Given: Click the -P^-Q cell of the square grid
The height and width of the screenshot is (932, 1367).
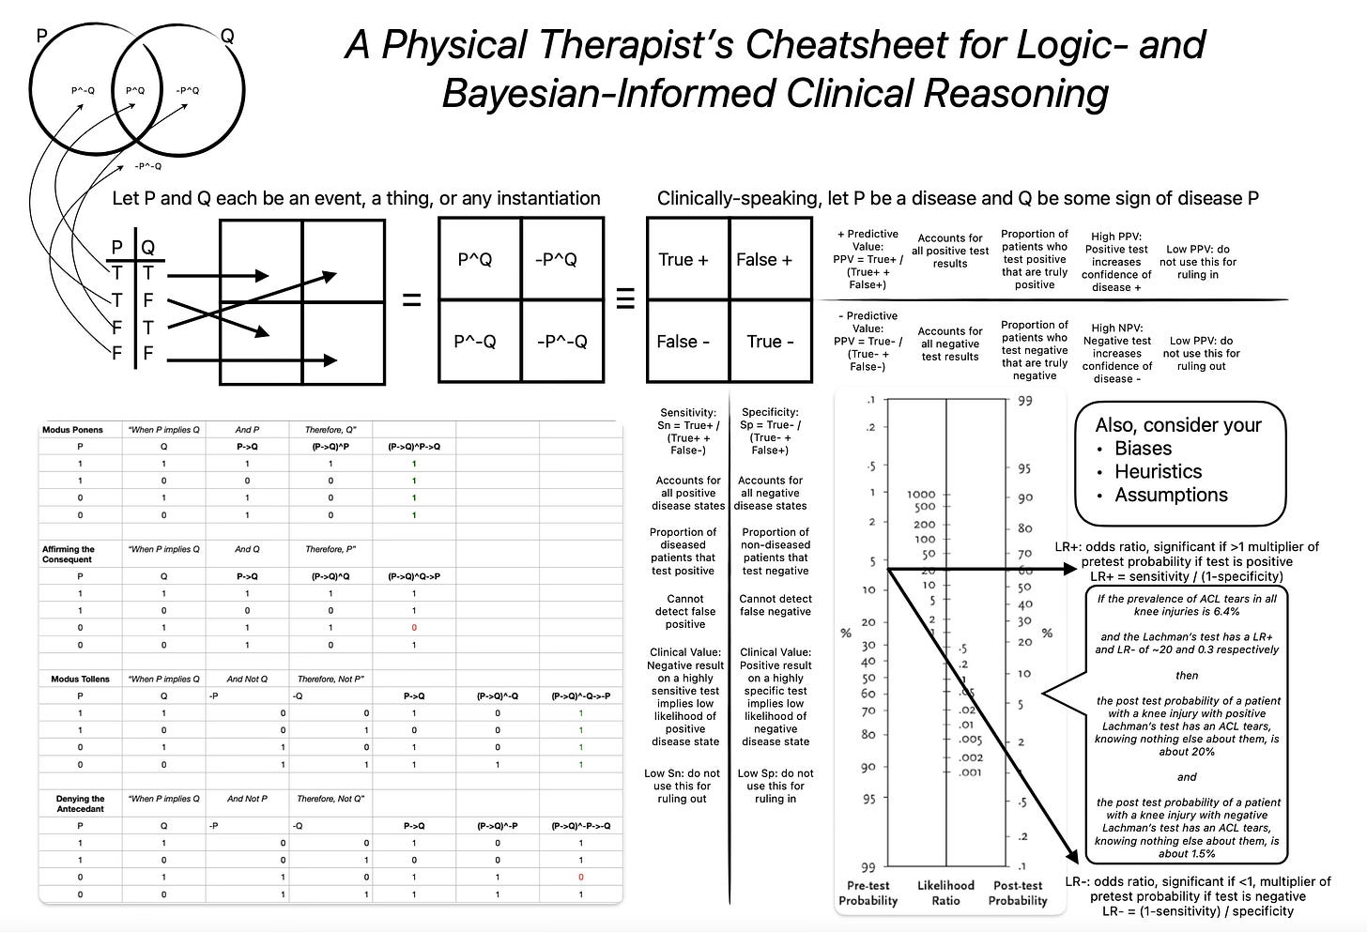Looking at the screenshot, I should [561, 342].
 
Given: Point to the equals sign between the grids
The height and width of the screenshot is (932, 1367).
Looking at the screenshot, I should [411, 301].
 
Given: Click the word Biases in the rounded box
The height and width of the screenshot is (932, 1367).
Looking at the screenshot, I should [1143, 449].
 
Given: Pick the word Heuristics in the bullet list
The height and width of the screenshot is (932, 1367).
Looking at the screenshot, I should [1158, 472].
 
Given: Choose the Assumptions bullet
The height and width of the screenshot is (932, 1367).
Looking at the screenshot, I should [1171, 496].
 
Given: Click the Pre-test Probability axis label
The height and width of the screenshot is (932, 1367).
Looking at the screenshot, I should [868, 893].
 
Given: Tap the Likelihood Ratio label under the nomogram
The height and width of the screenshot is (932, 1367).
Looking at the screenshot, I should [945, 893].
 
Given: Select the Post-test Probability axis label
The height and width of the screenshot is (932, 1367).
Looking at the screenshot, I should [1018, 893].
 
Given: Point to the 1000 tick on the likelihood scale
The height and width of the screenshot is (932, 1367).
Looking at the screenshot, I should [922, 494].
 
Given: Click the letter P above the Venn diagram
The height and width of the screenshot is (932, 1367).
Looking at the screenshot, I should [41, 37].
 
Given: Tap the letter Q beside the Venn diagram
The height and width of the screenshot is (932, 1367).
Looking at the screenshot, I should [228, 37].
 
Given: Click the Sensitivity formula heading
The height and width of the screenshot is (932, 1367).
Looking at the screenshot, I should [688, 431].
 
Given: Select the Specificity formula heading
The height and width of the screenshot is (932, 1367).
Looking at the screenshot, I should [770, 431].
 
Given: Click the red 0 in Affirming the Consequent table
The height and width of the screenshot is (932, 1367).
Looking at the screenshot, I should [414, 628].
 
